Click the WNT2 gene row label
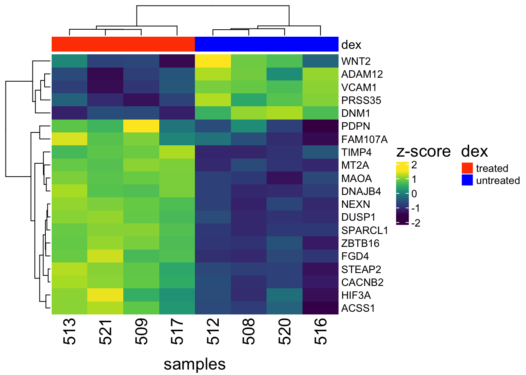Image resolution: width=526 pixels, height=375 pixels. [x=356, y=61]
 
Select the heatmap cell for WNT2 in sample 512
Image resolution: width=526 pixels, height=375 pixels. [x=213, y=61]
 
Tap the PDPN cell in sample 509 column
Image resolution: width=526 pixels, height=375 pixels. [x=141, y=126]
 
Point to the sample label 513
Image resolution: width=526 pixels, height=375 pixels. [x=69, y=331]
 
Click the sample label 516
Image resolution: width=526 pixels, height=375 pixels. [x=320, y=331]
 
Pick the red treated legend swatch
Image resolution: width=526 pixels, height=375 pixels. [x=467, y=168]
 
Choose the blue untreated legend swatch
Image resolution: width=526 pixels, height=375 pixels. [x=467, y=180]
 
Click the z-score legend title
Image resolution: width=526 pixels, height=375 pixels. [x=423, y=151]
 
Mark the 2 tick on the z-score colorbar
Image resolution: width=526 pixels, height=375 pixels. [x=414, y=165]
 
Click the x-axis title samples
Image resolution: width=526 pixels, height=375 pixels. [x=195, y=364]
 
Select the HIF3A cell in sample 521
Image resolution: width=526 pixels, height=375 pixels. [x=105, y=295]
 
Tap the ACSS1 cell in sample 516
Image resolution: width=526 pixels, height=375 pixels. [x=320, y=308]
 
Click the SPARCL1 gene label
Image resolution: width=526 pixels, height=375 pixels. [x=364, y=230]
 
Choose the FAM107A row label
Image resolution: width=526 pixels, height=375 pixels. [x=364, y=139]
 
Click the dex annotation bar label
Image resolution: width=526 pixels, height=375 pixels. [x=351, y=45]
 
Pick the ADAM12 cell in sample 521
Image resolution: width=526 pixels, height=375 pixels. [x=105, y=74]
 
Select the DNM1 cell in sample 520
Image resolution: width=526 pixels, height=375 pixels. [x=284, y=113]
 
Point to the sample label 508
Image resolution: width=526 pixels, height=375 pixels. [x=249, y=331]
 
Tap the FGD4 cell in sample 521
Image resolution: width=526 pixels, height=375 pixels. [x=105, y=256]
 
